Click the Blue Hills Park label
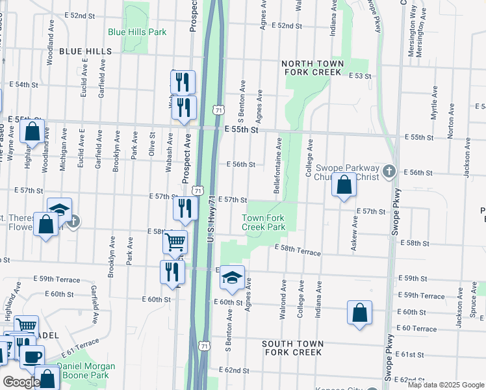(137, 32)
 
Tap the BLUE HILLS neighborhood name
(85, 51)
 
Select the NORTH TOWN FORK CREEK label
(312, 68)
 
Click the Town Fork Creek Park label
(264, 222)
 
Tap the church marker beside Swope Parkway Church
(389, 172)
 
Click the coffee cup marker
(32, 355)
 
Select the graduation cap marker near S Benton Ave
(232, 278)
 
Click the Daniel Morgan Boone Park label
(86, 371)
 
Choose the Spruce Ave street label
(478, 313)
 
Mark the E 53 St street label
(359, 76)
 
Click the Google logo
(21, 382)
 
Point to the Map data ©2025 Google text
(445, 385)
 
